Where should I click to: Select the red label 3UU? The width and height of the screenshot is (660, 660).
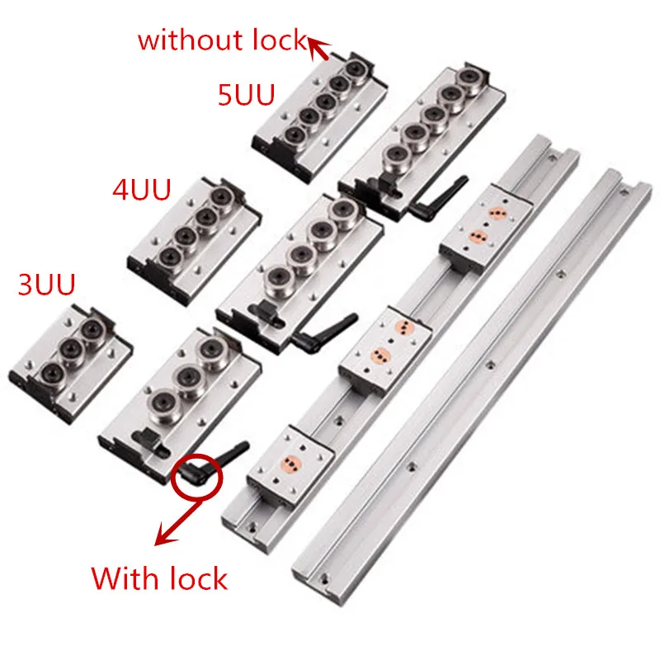click(46, 285)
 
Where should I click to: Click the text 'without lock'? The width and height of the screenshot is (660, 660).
click(221, 40)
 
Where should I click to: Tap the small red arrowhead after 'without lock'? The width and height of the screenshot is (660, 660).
click(318, 49)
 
